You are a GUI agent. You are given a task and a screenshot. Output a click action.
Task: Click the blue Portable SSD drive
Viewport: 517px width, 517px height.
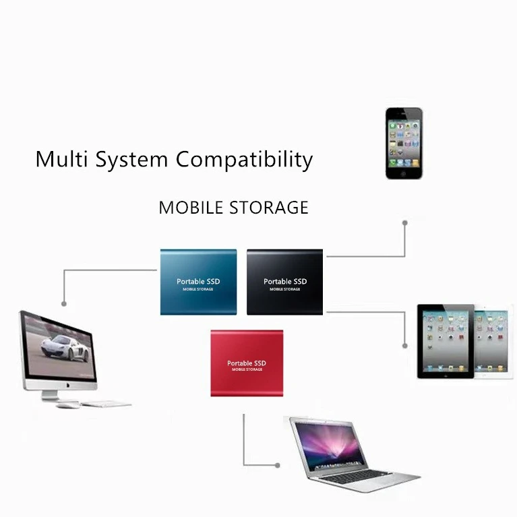(x=198, y=282)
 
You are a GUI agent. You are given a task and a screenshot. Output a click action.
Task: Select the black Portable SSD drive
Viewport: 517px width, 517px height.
(x=284, y=282)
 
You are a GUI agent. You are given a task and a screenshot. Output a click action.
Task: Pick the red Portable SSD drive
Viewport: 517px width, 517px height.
(x=246, y=363)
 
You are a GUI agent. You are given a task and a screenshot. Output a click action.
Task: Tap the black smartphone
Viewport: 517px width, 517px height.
(x=404, y=143)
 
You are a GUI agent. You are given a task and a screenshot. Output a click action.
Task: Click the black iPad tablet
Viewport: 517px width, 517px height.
(x=444, y=341)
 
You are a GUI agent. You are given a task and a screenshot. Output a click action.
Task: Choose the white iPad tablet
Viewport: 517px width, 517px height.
(x=494, y=340)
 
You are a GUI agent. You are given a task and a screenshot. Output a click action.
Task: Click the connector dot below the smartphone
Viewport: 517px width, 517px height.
(x=404, y=222)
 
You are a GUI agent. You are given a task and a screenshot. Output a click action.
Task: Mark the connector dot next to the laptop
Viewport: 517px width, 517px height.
(x=276, y=464)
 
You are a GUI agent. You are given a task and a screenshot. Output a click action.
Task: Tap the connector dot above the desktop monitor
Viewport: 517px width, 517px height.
(x=64, y=303)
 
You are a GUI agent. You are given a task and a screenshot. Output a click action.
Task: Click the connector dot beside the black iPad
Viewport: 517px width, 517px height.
(x=404, y=345)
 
